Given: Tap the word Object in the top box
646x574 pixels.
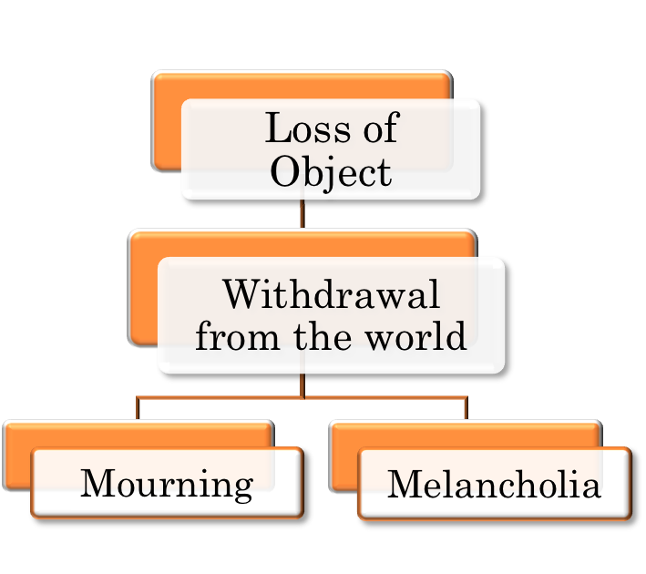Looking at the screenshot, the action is tap(331, 171).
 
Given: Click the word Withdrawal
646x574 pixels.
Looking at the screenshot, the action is tap(331, 295).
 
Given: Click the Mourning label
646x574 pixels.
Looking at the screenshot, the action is tap(167, 484).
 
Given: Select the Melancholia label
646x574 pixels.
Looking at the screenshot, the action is tap(494, 484).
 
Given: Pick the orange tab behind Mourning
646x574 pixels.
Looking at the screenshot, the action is tap(18, 456).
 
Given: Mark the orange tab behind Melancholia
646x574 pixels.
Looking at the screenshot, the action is tap(344, 456).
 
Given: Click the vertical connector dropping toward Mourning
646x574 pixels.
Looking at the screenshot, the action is tap(137, 408).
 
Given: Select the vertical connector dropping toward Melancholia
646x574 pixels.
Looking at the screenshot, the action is tap(466, 408).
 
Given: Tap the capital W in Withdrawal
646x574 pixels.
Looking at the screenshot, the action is tap(245, 295).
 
